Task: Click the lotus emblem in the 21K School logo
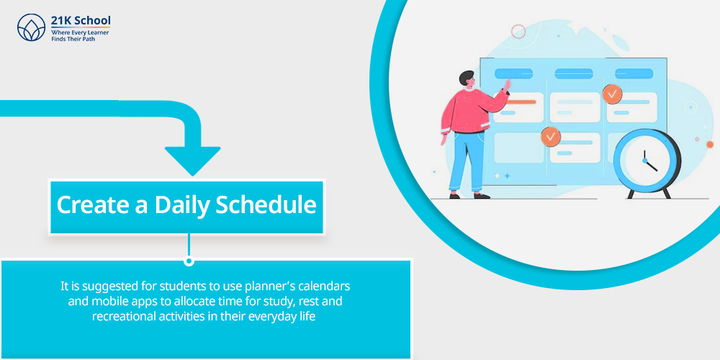coord(31,27)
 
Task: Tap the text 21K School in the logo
coord(81,21)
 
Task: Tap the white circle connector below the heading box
coord(189,261)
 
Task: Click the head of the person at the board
coord(467,80)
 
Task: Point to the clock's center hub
coord(644,161)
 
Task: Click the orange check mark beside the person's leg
coord(551,136)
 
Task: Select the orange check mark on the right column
coord(612,94)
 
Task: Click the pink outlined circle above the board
coord(518,32)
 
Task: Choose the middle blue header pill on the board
coord(574,73)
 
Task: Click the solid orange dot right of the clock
coord(710,145)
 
